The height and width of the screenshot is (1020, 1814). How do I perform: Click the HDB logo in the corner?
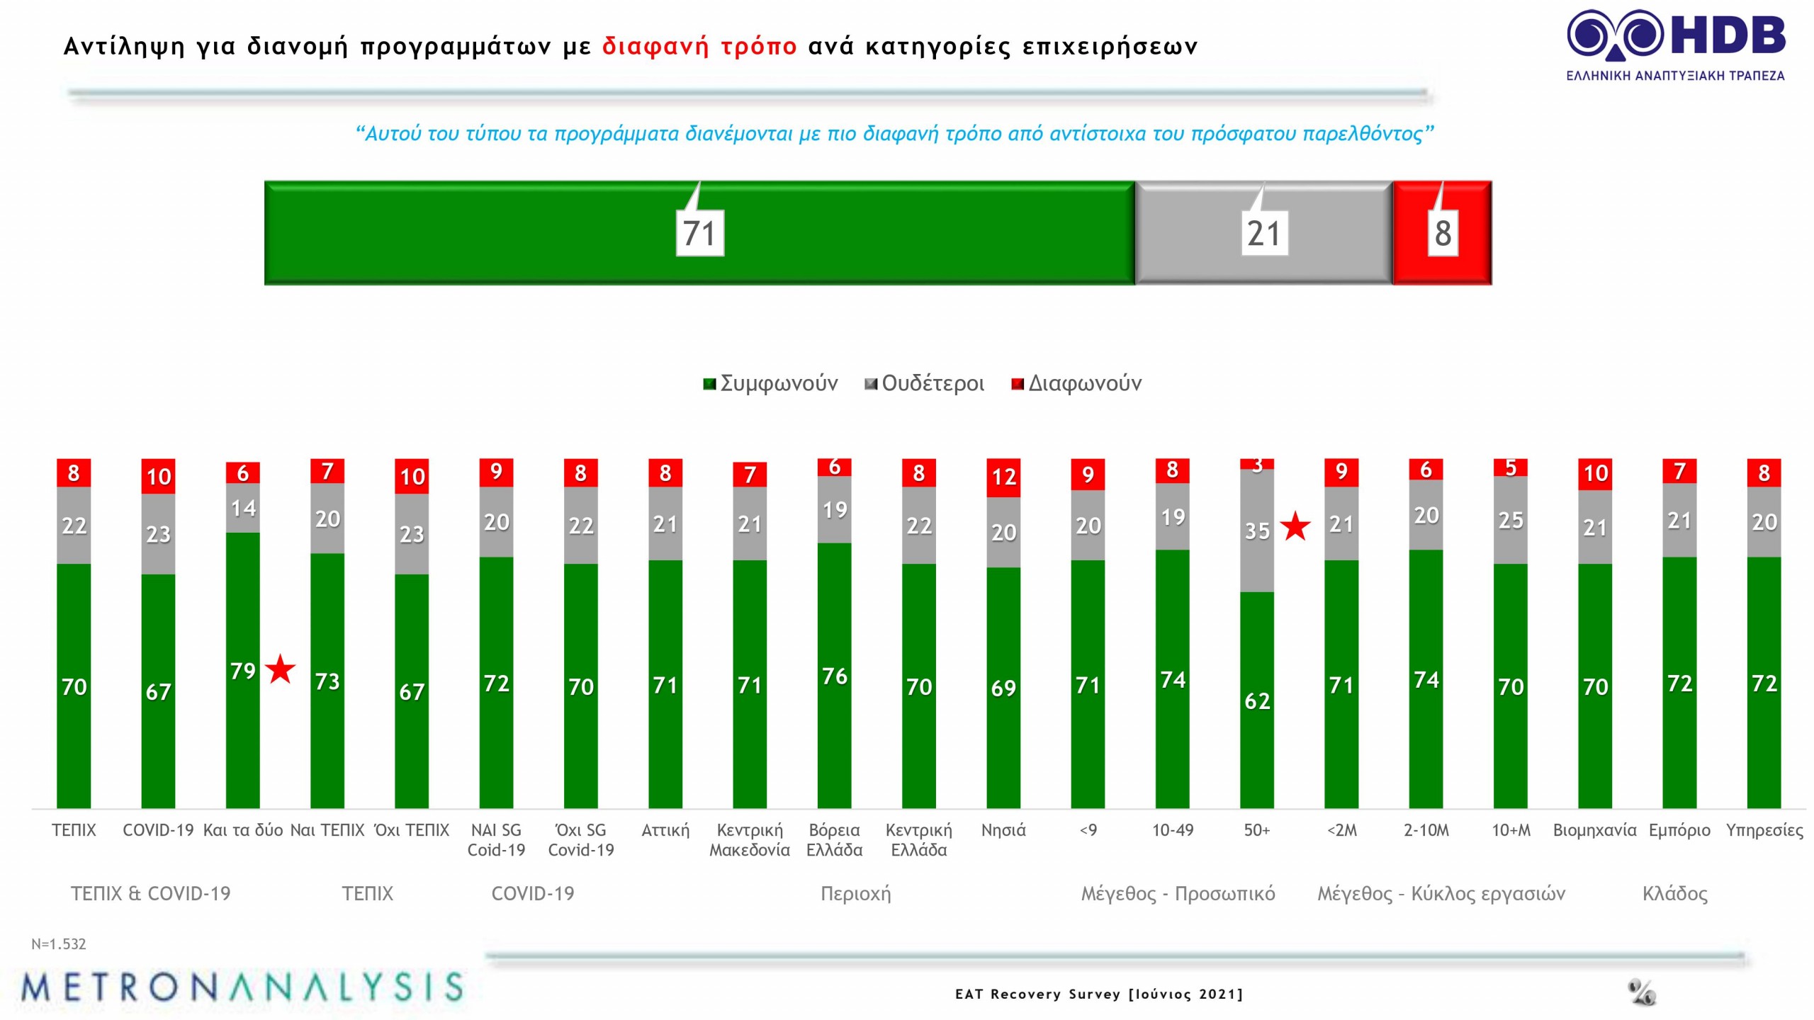1675,44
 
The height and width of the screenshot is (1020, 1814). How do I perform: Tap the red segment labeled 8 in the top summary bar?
1442,233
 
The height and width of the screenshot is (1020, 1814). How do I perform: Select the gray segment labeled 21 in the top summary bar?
1263,233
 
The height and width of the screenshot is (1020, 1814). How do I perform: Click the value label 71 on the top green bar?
699,233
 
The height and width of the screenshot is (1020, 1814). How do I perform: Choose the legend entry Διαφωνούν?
1076,383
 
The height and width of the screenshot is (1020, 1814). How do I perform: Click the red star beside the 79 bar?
281,669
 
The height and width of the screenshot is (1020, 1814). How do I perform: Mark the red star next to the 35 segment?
1296,526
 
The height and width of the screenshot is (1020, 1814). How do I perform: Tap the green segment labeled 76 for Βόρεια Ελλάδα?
834,675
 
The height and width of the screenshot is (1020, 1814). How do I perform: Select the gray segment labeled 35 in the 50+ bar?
1256,530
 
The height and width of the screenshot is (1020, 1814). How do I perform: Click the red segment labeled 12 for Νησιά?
1003,477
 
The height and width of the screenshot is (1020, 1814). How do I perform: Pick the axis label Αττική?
665,829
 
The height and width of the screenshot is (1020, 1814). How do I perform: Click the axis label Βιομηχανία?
1594,829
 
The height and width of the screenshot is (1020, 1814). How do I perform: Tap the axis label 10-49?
1172,829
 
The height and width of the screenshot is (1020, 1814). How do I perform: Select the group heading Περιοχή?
855,893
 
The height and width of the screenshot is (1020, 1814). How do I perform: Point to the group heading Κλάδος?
1674,893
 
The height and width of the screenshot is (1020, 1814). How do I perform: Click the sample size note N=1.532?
59,943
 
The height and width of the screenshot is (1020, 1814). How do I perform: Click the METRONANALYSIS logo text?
242,987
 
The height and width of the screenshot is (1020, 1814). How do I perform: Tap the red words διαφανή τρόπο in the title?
699,47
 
